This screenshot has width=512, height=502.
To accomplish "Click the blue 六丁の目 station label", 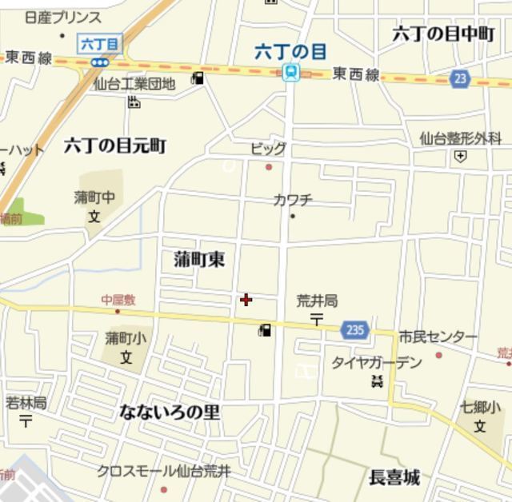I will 290,52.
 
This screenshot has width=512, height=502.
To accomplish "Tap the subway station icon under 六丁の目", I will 291,74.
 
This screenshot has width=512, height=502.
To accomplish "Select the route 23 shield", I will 459,78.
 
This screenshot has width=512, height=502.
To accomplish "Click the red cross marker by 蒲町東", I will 246,300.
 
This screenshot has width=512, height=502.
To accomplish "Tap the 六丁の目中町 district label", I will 444,33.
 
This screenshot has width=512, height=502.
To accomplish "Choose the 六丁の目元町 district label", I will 115,145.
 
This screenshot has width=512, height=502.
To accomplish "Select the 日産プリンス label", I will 63,18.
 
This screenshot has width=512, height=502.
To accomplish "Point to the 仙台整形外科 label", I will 460,137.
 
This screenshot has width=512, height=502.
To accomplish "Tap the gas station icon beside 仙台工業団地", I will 198,78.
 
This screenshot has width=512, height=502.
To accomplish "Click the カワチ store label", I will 292,200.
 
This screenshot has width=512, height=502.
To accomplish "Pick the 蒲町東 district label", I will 199,259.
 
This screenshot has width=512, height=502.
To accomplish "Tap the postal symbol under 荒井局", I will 317,319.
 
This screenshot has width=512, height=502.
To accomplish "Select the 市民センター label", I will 438,337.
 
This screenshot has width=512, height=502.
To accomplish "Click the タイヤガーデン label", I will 377,362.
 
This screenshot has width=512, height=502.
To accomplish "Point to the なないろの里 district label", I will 170,412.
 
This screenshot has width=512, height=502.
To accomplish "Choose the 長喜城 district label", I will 394,478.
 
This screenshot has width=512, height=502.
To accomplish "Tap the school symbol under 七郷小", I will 480,426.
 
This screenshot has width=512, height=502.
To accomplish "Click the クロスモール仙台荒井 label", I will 164,471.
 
